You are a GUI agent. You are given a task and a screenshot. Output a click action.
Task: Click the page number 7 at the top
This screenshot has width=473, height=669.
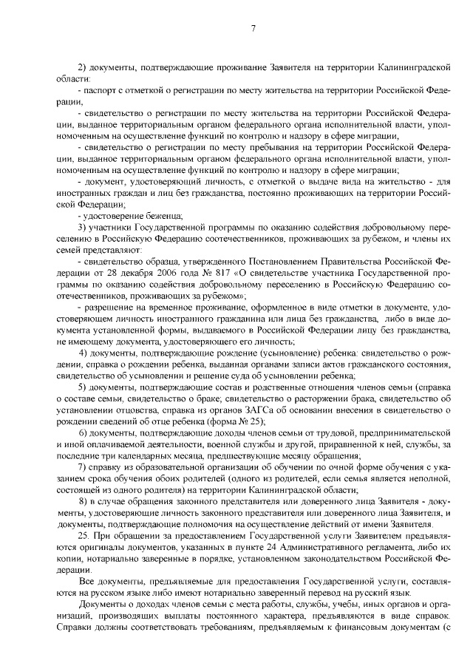click(253, 28)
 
